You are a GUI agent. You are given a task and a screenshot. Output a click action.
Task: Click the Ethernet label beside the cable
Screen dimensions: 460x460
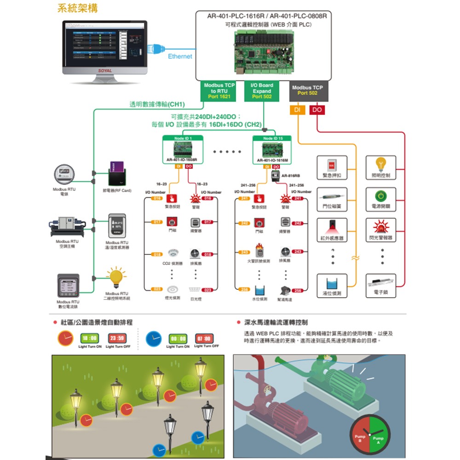tap(180, 57)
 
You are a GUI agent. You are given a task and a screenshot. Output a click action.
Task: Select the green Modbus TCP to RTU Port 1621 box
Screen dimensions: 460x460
tap(219, 91)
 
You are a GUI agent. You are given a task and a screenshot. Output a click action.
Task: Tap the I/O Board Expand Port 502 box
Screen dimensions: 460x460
tap(262, 91)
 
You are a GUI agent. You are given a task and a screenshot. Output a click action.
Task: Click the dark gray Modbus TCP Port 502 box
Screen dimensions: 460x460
tap(307, 91)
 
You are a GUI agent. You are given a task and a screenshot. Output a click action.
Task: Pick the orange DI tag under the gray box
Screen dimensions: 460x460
tap(298, 110)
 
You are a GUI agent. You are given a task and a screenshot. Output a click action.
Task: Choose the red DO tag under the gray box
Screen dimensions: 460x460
tap(317, 110)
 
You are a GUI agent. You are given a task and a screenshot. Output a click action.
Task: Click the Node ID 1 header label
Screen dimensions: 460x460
tap(183, 138)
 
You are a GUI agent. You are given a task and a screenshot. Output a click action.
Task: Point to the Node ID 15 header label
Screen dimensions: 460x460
tap(273, 138)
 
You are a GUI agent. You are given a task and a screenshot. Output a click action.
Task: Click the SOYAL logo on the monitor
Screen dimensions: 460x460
tap(105, 70)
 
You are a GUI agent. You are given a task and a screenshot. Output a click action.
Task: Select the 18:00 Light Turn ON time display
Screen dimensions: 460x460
tap(90, 338)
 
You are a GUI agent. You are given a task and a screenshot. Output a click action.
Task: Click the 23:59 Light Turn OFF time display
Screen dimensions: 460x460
tap(116, 338)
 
